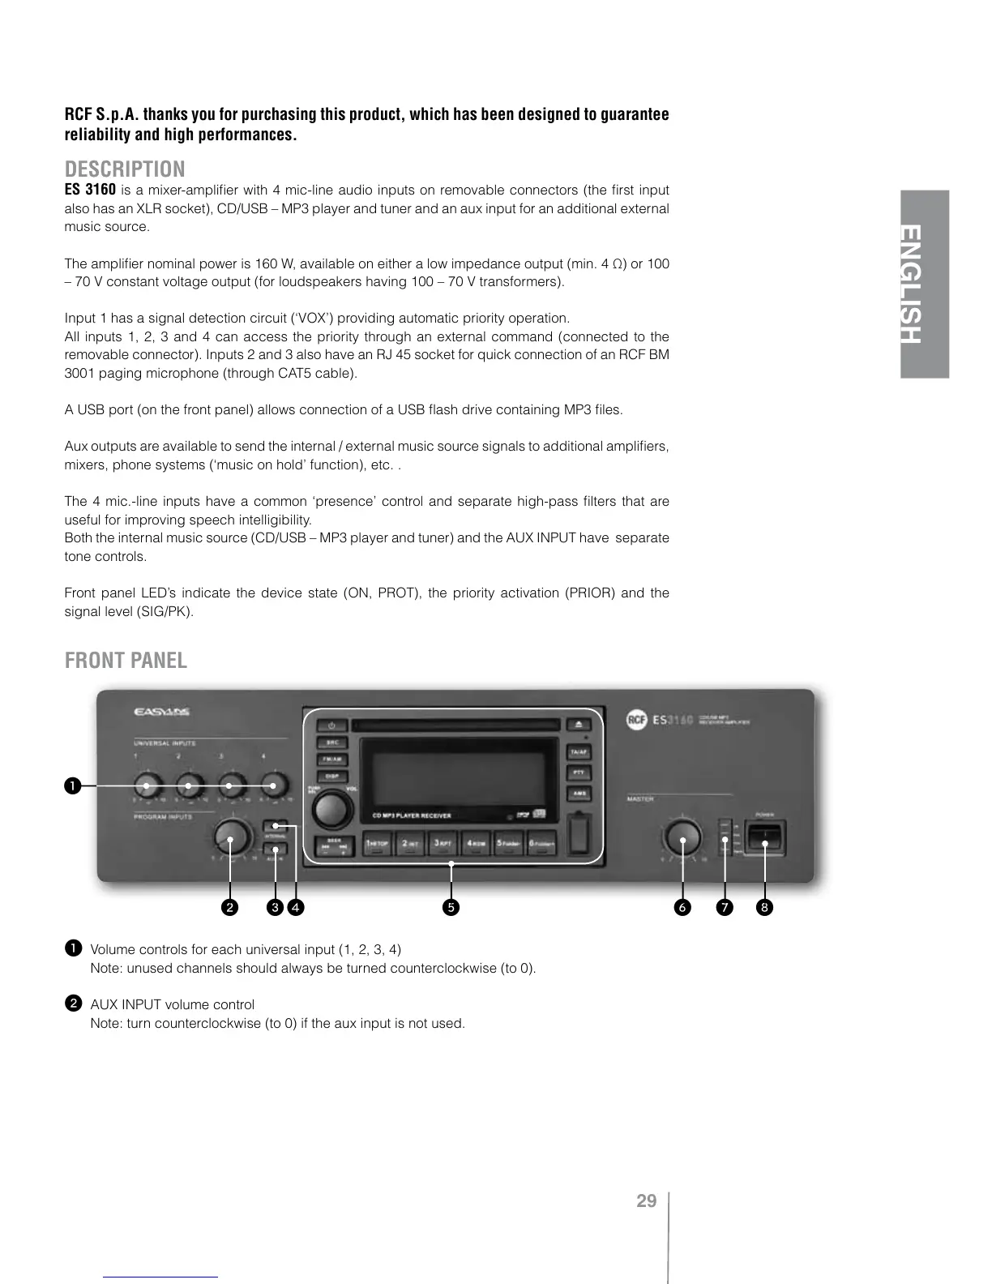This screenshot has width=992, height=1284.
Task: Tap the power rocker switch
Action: coord(766,837)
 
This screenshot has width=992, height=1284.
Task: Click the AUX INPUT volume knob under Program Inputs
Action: coord(233,834)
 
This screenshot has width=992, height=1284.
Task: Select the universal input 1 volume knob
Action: coord(147,785)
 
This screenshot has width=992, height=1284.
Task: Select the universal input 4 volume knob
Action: coord(274,785)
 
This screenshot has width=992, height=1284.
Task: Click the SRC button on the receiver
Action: coord(331,743)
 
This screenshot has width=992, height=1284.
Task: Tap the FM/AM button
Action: coord(331,760)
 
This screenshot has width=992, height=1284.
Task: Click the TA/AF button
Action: coord(578,752)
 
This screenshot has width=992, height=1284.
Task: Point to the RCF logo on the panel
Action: coord(636,720)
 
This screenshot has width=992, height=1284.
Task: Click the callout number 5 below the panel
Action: coord(451,907)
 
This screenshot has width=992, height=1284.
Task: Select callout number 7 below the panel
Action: coord(724,907)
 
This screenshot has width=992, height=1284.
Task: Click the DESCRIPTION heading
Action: coord(125,169)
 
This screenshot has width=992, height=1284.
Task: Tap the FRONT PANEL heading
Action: coord(126,661)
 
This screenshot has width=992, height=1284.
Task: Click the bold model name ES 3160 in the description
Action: coord(90,190)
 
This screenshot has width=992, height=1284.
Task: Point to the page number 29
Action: coord(646,1201)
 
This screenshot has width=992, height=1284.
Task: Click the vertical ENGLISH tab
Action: coord(924,284)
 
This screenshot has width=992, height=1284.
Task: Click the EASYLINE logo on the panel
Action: coord(161,713)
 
